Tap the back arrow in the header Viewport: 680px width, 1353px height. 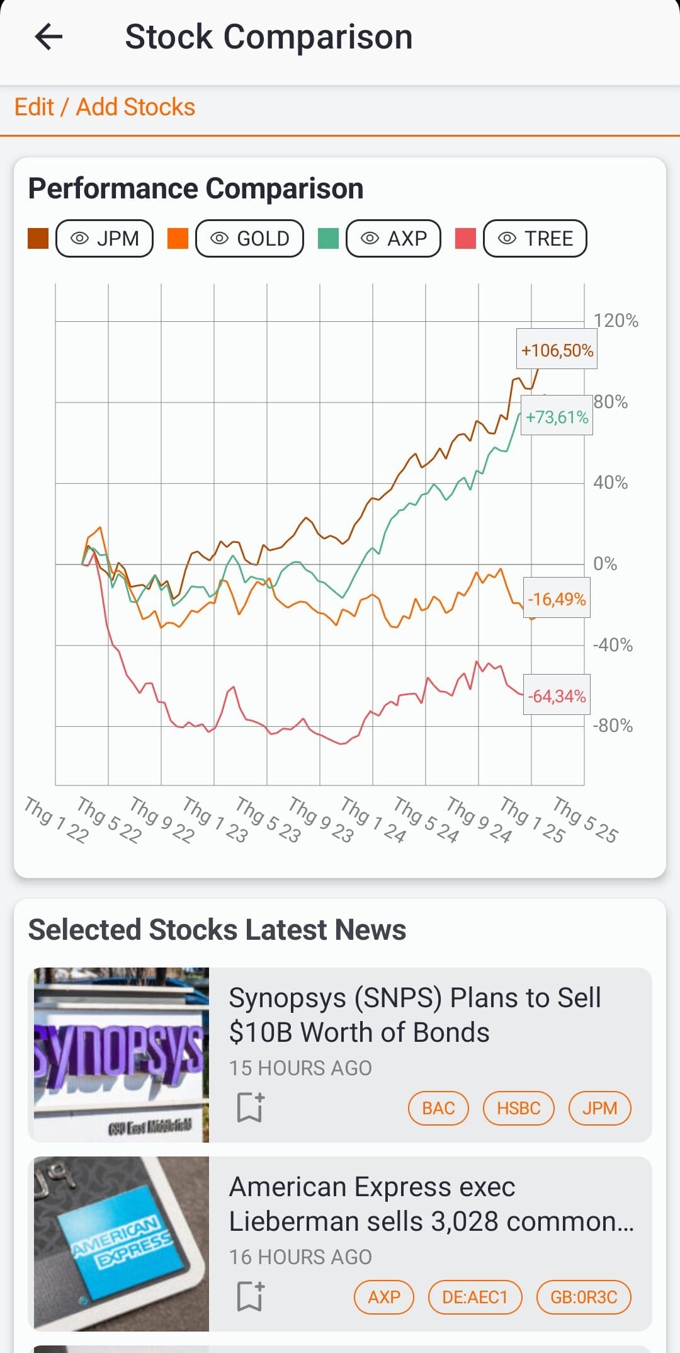[48, 37]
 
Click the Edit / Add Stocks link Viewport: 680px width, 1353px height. [105, 107]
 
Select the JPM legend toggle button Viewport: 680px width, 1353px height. [105, 239]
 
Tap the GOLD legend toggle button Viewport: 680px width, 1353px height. [249, 239]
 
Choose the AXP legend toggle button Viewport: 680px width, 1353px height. [394, 239]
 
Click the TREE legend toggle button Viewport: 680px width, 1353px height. [535, 239]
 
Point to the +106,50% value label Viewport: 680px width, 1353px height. [557, 350]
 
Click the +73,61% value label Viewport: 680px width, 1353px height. [557, 417]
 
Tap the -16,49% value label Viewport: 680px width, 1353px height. [557, 599]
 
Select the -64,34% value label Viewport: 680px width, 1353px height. [557, 696]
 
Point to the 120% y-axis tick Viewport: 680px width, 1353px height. [615, 321]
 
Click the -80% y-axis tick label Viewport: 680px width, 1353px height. [613, 726]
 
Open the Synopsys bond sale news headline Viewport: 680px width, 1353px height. [414, 1015]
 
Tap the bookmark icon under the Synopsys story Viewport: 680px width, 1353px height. [250, 1107]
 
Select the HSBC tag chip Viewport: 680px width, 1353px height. [518, 1108]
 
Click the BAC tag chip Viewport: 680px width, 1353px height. [438, 1108]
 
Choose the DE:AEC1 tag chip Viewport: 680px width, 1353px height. [475, 1297]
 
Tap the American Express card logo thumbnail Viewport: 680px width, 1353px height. [121, 1243]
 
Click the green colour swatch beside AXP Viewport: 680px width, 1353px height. [328, 239]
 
